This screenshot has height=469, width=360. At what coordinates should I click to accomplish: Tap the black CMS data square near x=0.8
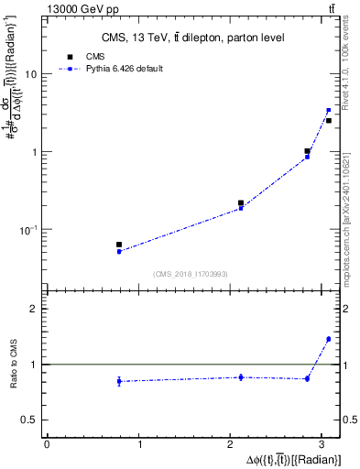(119, 245)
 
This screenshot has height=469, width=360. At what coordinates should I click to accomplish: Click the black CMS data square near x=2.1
(241, 203)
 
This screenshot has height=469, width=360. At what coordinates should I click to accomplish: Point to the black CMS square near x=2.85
(308, 151)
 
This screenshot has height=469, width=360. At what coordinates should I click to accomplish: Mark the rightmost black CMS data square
(328, 120)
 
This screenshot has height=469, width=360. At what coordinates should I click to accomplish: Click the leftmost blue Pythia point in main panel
(119, 251)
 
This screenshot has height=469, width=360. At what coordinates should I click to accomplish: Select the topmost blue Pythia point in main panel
(328, 110)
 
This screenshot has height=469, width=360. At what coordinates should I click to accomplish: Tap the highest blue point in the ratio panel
(328, 339)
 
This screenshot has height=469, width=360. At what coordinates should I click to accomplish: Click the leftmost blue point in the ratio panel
(119, 381)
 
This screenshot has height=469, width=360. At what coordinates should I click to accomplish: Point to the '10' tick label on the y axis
(30, 75)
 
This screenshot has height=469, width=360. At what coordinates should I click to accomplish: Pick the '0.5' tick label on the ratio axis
(28, 420)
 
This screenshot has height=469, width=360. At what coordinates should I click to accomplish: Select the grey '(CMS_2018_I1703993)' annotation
(191, 273)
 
